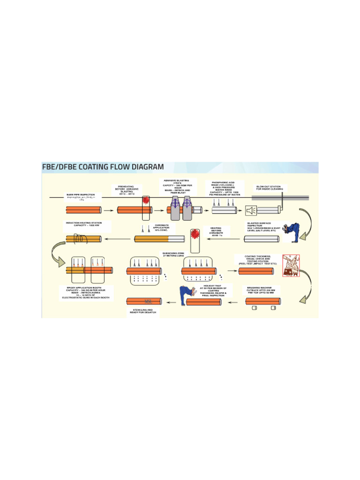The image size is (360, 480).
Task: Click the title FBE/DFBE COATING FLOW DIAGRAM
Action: click(x=104, y=167)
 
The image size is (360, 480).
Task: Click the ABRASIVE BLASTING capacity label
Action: click(x=177, y=187)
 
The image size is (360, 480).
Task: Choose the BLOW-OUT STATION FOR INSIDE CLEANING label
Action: click(x=269, y=188)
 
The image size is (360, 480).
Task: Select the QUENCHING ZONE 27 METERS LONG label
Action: click(x=173, y=255)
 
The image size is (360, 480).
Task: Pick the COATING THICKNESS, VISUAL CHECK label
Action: click(x=257, y=260)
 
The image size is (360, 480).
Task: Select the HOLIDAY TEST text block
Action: click(x=213, y=291)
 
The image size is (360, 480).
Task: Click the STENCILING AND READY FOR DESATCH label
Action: click(x=144, y=312)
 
